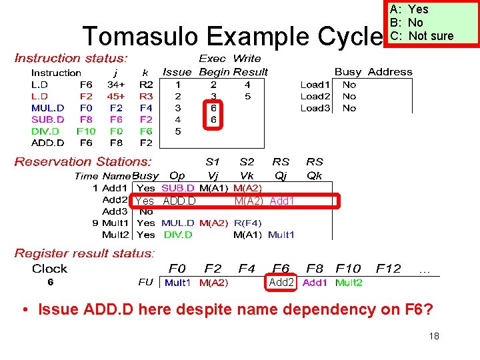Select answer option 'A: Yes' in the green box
(x=409, y=9)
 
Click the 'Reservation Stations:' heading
(x=83, y=161)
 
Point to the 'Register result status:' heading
(x=85, y=253)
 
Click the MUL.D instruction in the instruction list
(x=48, y=107)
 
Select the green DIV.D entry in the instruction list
(x=45, y=131)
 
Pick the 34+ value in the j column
(x=116, y=85)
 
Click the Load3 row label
(x=315, y=108)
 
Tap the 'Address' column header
(x=390, y=72)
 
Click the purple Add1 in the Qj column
(x=282, y=201)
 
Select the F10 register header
(x=349, y=269)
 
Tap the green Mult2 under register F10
(x=349, y=283)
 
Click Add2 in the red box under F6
(x=281, y=283)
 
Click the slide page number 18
(x=434, y=336)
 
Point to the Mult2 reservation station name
(x=115, y=235)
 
